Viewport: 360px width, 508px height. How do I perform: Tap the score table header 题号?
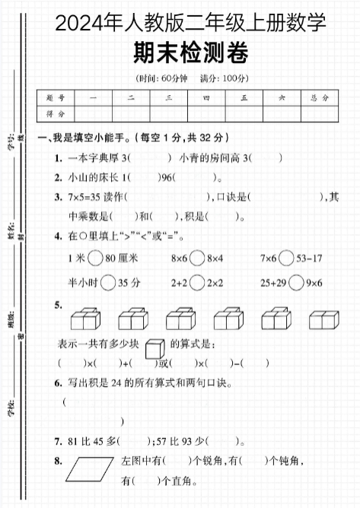[55, 97]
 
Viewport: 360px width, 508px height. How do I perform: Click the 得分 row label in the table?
[55, 113]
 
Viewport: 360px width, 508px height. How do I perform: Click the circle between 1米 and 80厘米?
[95, 259]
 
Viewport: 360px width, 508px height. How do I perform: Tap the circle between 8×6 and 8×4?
[198, 259]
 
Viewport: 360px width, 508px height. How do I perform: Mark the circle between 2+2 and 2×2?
[198, 283]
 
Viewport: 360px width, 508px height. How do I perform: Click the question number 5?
[59, 305]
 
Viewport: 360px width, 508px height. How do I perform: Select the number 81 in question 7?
[74, 441]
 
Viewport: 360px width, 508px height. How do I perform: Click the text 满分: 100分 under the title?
[222, 78]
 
